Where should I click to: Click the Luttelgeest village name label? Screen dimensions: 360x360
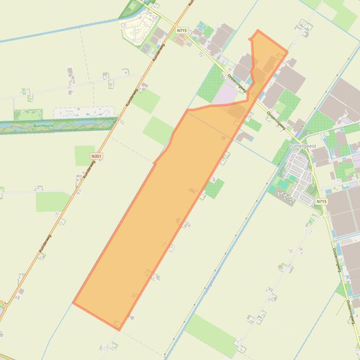303,146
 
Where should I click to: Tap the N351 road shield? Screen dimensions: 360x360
96,156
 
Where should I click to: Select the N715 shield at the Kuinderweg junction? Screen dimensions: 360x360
182,30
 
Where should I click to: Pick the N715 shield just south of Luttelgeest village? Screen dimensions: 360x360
321,202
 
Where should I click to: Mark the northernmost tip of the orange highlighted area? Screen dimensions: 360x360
257,30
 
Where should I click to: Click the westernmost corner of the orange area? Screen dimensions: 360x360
73,303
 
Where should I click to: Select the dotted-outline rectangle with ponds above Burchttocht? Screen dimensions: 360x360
84,112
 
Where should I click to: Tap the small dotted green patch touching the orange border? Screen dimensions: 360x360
215,188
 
